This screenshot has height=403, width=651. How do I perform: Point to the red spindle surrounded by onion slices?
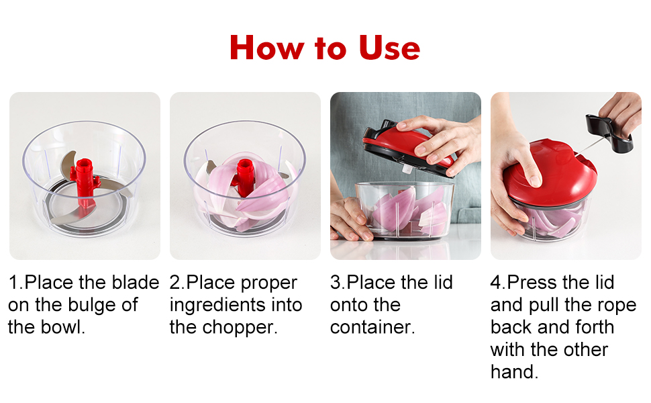(x=245, y=177)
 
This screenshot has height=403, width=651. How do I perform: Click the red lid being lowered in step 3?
(x=403, y=145)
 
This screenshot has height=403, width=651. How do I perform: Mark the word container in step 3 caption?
(x=372, y=327)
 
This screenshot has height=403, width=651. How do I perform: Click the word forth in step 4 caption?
(x=587, y=327)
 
